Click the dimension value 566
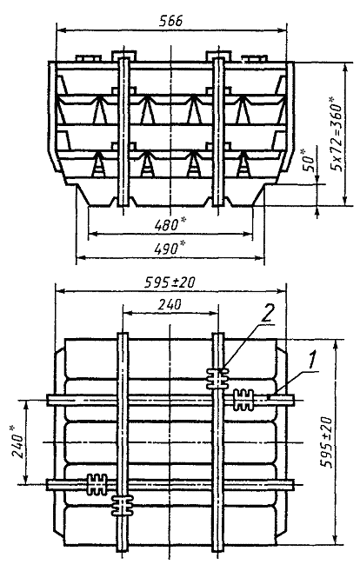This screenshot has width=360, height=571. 171,21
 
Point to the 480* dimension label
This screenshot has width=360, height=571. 167,225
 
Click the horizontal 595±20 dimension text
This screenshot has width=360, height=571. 170,282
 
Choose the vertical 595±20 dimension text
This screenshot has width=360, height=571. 326,442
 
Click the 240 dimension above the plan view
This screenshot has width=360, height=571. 170,304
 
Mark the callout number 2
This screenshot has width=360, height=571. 267,315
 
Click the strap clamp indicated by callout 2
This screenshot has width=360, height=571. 217,379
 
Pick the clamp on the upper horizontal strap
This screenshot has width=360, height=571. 243,400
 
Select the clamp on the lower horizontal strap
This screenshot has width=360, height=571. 97,484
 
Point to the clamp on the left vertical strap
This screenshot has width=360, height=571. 123,506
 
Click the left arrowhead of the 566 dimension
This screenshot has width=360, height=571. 61,30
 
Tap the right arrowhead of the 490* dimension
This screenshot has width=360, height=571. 259,258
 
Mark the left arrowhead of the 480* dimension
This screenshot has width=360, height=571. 92,234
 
